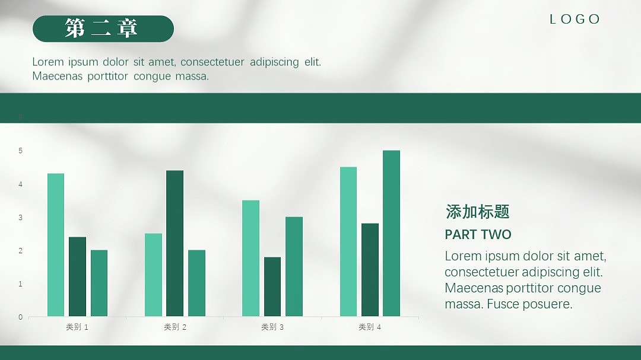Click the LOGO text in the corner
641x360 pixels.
click(575, 19)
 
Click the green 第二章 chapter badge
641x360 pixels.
click(103, 28)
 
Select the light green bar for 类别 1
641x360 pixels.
click(56, 245)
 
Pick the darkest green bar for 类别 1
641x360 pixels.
click(77, 276)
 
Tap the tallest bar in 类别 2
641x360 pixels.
click(174, 243)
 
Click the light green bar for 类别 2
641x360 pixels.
click(153, 275)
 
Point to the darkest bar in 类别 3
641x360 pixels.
click(272, 286)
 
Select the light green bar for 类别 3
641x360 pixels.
click(250, 258)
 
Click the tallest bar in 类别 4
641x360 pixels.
click(391, 233)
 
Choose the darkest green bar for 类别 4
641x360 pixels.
click(370, 270)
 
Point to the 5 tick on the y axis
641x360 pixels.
click(20, 151)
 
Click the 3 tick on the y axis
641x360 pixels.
click(20, 218)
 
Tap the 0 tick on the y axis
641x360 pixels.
click(20, 317)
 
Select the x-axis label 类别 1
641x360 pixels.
click(77, 327)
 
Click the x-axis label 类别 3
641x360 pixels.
click(272, 327)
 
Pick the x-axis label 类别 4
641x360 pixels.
click(370, 327)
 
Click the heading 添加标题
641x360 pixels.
click(477, 212)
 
